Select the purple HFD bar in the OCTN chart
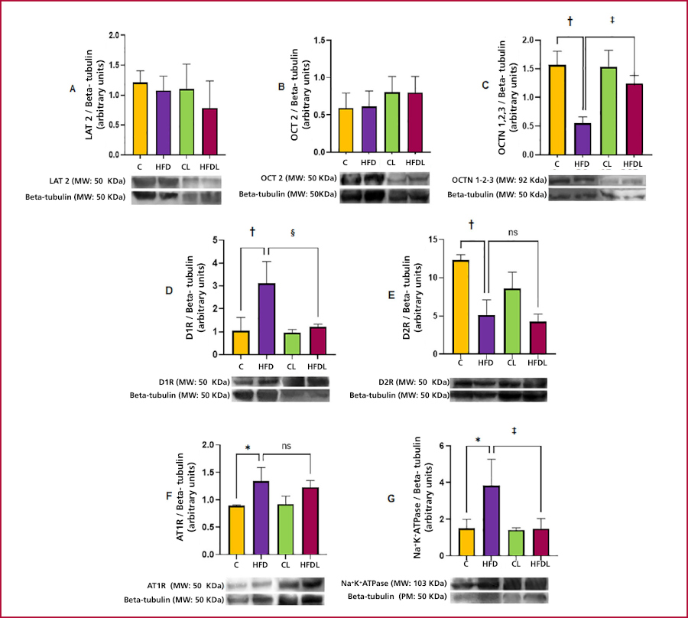pos(583,138)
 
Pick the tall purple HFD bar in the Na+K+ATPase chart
pos(492,520)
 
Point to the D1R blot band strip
pos(281,381)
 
